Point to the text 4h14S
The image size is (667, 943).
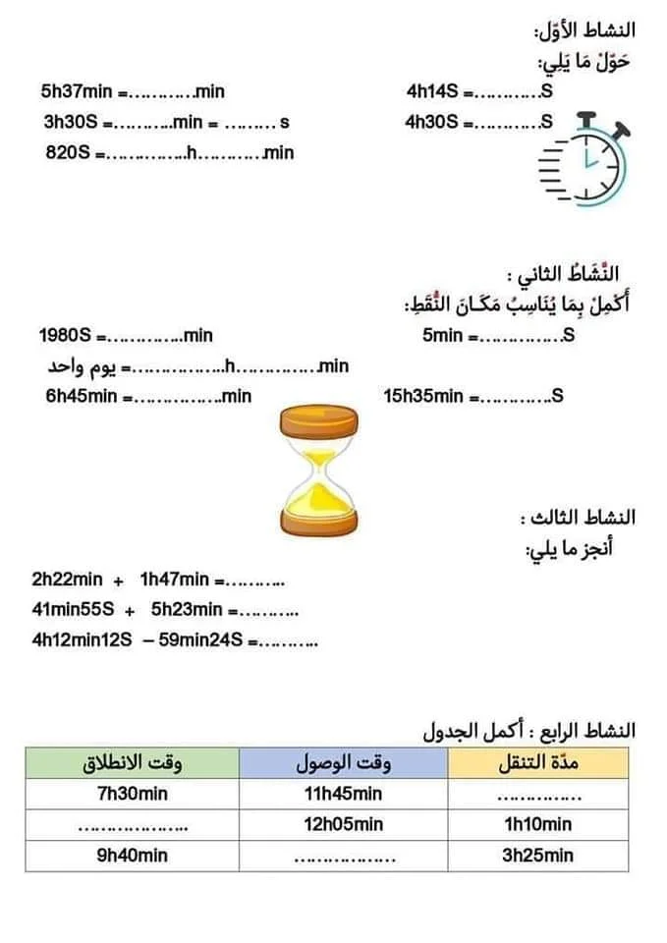[432, 92]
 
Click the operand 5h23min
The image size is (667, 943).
[188, 609]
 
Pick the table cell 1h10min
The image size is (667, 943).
[537, 825]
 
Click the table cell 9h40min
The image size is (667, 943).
[133, 856]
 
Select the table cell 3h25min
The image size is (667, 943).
[537, 856]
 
